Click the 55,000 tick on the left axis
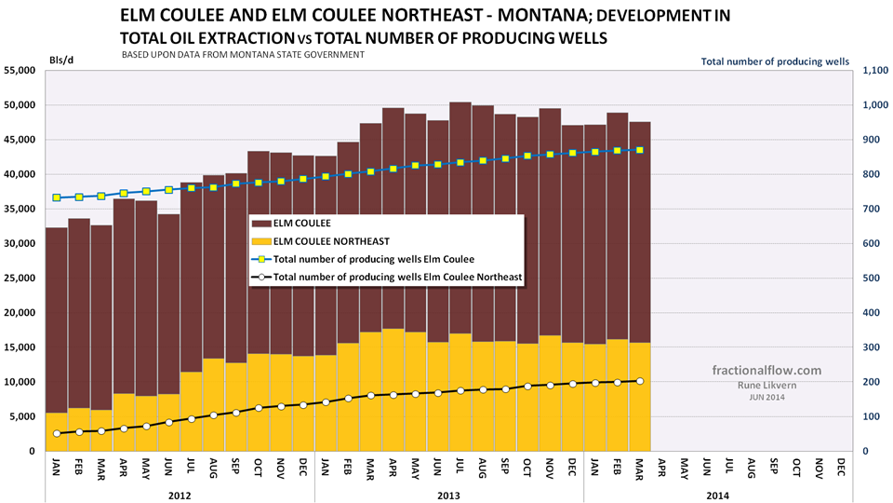[x=20, y=70]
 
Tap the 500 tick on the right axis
[x=872, y=278]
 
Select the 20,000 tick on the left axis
[x=20, y=312]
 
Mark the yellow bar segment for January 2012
[x=56, y=432]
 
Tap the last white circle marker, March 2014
[x=640, y=381]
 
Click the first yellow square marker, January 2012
[x=56, y=197]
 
